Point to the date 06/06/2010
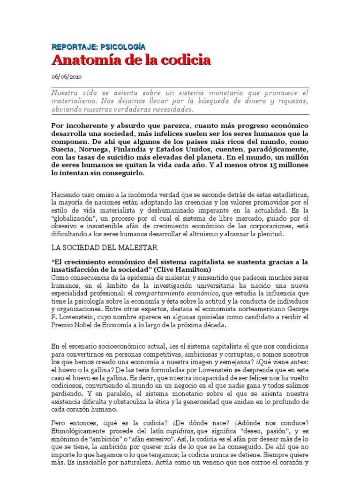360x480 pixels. pos(66,77)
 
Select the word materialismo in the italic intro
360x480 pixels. pos(73,101)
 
